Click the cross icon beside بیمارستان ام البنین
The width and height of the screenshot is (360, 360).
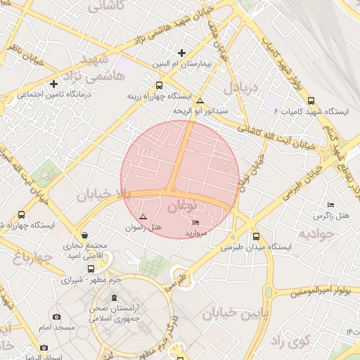pos(182,53)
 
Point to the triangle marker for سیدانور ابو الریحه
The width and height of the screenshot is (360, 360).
pos(200,101)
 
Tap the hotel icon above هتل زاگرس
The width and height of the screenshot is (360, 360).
pos(331,204)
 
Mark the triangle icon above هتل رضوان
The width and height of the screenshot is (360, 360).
pos(143,217)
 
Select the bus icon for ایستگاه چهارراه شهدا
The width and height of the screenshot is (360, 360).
pos(21,215)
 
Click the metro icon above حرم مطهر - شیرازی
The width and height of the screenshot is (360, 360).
pos(90,269)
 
